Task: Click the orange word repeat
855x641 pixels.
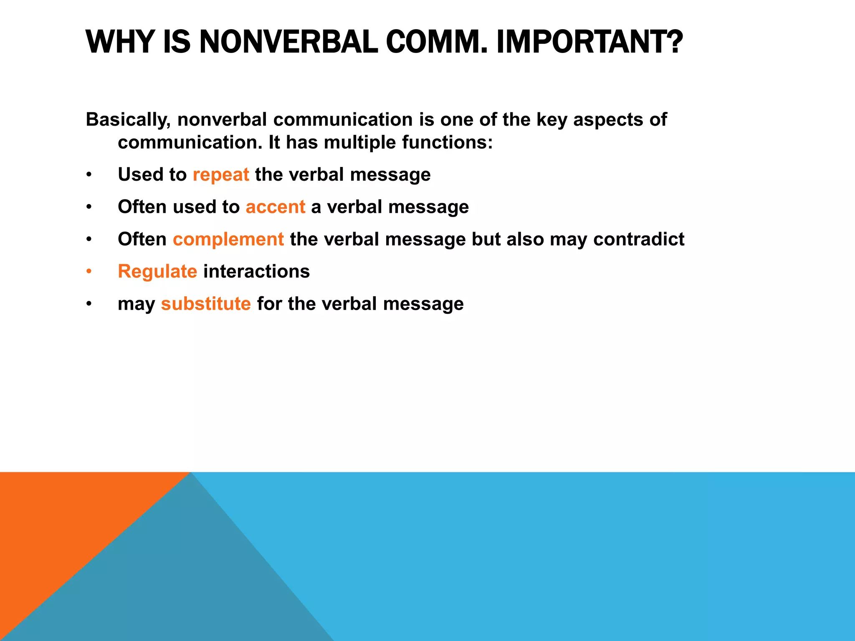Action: tap(220, 175)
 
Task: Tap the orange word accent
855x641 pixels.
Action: tap(275, 207)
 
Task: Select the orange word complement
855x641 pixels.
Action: tap(228, 239)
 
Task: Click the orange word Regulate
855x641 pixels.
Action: tap(157, 272)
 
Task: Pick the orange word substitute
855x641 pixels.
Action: tap(206, 304)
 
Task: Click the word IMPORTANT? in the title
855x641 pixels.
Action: tap(589, 42)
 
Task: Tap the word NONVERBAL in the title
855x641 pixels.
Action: tap(288, 42)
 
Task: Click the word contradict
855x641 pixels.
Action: tap(638, 239)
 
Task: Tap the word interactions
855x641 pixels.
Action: tap(256, 272)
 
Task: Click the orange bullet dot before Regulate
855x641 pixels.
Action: tap(89, 272)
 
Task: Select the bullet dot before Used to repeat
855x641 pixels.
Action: tap(89, 175)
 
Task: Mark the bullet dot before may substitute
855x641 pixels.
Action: tap(89, 304)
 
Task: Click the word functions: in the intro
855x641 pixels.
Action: tap(447, 142)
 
